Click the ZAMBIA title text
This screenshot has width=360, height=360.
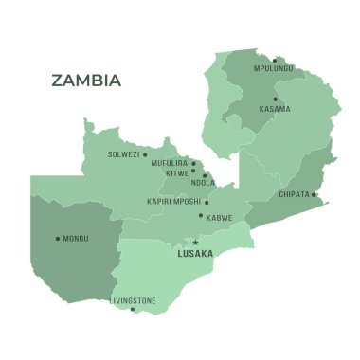[86, 81]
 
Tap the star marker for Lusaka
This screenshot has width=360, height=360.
[196, 243]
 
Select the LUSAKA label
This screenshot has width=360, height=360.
[195, 254]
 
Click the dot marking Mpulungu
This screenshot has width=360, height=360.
[275, 61]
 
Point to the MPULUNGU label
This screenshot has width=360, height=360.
[273, 68]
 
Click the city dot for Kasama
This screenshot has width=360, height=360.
[276, 99]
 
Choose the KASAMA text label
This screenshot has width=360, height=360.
[275, 109]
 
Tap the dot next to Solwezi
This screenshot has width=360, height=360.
[145, 154]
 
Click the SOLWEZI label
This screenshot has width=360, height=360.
[123, 154]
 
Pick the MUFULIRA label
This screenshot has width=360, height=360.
[169, 163]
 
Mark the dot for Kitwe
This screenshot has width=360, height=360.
[193, 171]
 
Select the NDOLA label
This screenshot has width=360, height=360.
[203, 183]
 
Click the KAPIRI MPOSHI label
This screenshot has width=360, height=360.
[173, 201]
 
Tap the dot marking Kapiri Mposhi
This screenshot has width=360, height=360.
[207, 201]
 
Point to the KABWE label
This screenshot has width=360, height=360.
[219, 217]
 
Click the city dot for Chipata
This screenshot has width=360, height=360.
[314, 195]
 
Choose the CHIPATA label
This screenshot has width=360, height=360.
[294, 194]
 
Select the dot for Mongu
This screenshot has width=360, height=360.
[58, 238]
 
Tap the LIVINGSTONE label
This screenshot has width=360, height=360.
[132, 300]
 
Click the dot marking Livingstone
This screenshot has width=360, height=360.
[132, 309]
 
